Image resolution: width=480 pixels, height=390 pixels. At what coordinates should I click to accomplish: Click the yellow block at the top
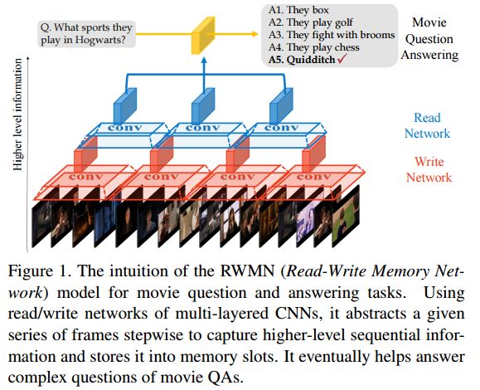203,36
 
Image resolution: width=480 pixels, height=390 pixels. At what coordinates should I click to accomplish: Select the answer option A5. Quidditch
302,60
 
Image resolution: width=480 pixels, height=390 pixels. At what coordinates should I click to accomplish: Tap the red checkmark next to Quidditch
342,59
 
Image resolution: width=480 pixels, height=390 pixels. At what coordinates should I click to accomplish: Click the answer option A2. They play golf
311,22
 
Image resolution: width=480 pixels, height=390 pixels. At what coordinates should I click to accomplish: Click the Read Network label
427,125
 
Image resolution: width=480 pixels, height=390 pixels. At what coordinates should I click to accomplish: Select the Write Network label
429,169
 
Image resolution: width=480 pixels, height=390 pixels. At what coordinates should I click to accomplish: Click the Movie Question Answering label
429,39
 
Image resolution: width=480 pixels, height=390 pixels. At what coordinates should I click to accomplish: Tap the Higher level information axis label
17,115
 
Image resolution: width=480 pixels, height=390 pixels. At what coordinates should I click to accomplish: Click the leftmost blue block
125,106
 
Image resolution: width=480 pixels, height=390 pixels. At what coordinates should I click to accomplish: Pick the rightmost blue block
281,106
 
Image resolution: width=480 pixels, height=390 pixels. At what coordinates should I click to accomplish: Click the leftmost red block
86,154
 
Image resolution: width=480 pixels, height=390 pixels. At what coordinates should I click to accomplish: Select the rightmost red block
313,154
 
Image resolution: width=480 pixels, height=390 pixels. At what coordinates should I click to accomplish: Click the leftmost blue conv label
125,128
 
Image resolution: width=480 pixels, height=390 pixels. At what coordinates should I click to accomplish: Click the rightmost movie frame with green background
346,216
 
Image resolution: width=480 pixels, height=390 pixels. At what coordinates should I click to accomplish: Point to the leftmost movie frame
42,224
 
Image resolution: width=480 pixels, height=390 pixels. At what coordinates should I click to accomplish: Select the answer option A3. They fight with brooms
332,35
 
